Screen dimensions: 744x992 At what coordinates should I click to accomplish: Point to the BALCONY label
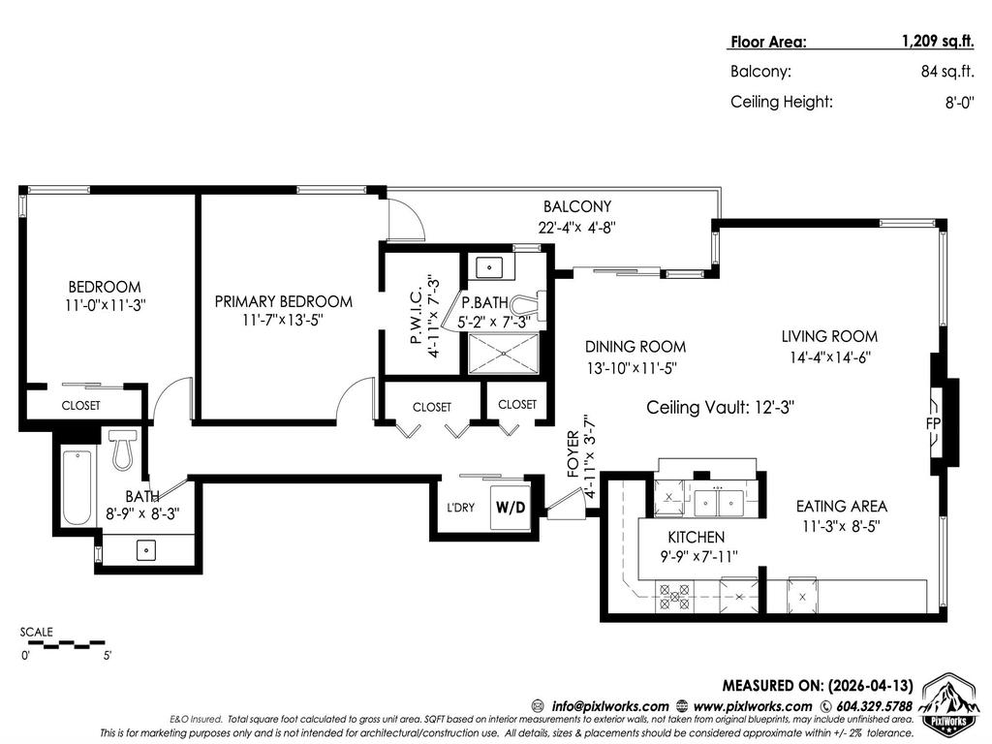tap(577, 206)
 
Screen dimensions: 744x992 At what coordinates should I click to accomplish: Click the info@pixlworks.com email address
tap(607, 705)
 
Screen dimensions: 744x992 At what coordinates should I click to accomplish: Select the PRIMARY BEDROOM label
tap(283, 301)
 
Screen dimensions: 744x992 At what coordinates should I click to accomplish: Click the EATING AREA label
tap(841, 506)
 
